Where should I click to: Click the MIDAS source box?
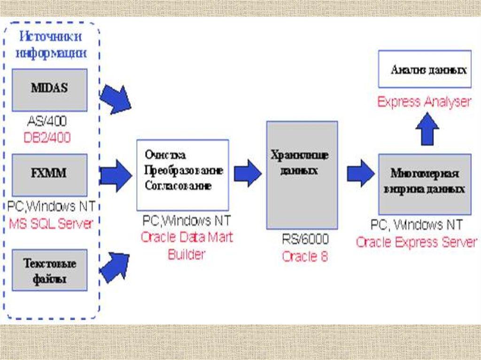tap(49, 90)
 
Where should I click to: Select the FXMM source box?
tap(49, 175)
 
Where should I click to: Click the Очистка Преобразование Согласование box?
tap(182, 175)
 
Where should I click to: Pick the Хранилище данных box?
tap(302, 175)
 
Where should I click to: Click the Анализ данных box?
tap(425, 70)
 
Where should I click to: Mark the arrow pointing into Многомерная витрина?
tap(361, 173)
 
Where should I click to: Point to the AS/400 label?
tap(47, 122)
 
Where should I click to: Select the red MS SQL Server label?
tap(51, 223)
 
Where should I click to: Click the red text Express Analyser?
tap(424, 102)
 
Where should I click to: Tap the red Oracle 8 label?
tap(305, 257)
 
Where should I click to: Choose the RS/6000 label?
tap(305, 239)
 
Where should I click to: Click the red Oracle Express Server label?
tap(416, 242)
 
